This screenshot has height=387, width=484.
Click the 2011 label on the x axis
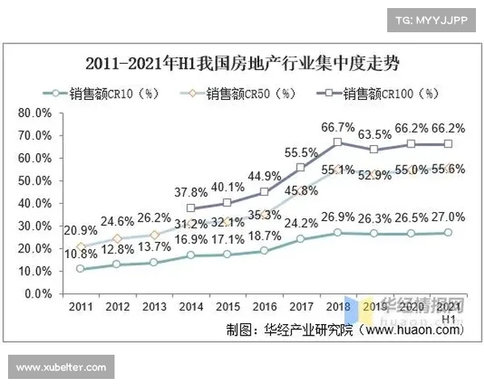80,308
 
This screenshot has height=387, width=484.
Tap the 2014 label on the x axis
190,308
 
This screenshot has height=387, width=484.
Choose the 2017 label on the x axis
300,308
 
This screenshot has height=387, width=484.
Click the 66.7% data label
337,127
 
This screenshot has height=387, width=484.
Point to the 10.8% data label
81,252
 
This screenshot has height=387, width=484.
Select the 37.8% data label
191,192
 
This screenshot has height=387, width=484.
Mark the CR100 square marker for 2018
337,143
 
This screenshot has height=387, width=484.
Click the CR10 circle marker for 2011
80,268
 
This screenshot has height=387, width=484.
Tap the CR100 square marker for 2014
190,208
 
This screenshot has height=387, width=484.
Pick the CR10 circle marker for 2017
300,239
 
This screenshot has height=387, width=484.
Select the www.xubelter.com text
61,368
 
